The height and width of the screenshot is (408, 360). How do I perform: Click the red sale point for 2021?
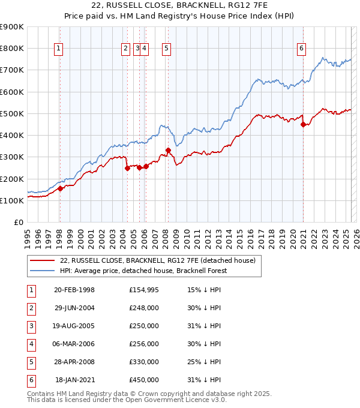(x=304, y=125)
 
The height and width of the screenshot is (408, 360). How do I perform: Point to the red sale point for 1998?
(x=60, y=188)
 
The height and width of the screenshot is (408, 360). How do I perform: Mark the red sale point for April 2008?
(x=169, y=151)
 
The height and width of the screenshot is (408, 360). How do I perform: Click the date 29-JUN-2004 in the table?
(x=74, y=308)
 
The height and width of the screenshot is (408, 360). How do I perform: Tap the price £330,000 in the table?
(x=143, y=362)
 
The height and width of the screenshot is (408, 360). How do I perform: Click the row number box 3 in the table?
(x=31, y=326)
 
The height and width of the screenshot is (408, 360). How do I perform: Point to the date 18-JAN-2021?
(x=74, y=380)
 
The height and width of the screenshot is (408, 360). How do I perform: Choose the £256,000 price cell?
(x=143, y=344)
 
